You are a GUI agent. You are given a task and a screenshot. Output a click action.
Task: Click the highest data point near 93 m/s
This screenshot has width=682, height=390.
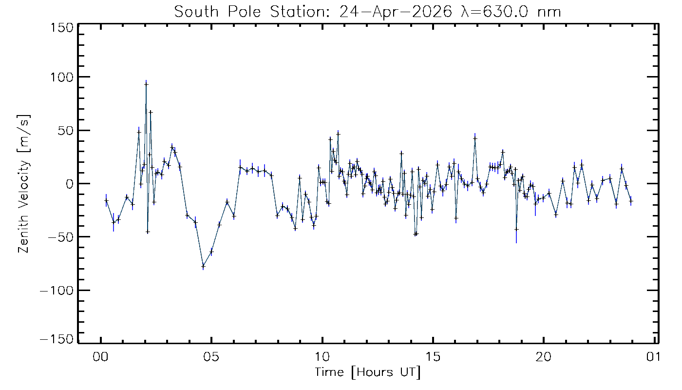(x=146, y=84)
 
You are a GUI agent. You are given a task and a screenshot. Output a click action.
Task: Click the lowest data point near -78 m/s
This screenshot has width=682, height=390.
(x=203, y=266)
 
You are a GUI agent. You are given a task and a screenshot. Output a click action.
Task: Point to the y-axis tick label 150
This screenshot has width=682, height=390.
(x=61, y=28)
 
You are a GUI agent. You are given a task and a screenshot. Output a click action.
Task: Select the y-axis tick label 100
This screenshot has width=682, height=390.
(x=61, y=77)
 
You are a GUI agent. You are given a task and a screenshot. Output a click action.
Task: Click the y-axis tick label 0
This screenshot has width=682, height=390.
(x=70, y=184)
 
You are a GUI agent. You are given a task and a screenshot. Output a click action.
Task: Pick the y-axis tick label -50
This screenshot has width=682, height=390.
(x=61, y=237)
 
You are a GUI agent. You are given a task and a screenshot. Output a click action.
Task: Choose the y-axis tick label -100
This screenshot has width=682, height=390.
(x=57, y=291)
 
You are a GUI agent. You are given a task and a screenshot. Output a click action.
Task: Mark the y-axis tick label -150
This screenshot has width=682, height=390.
(x=57, y=339)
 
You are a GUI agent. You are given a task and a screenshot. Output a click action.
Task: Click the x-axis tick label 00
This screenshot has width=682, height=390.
(x=101, y=357)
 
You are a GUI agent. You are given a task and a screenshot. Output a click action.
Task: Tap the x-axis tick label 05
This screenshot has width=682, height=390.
(x=211, y=357)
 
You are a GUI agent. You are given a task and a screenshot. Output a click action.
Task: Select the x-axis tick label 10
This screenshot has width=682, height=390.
(x=322, y=357)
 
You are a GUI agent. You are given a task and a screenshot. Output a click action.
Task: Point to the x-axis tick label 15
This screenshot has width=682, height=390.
(x=433, y=357)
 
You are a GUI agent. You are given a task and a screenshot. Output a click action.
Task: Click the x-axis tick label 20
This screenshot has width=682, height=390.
(x=544, y=357)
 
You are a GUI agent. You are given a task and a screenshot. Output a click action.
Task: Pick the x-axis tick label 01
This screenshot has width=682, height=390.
(x=653, y=357)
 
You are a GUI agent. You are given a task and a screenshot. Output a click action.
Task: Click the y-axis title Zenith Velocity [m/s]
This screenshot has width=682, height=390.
(x=24, y=184)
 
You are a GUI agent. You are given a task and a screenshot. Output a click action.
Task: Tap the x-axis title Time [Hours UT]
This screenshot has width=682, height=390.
(x=367, y=372)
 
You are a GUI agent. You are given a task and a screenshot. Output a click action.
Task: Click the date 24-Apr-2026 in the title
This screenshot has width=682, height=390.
(x=396, y=12)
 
